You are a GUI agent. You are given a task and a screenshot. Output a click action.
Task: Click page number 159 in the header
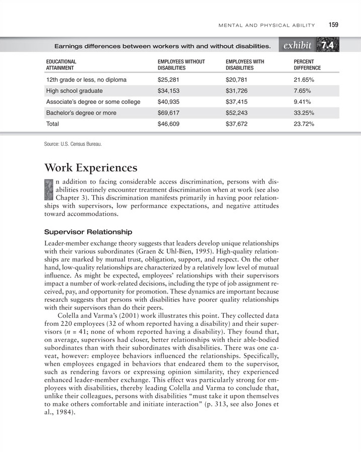[334, 24]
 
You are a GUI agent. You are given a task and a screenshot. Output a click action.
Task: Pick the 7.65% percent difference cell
[303, 91]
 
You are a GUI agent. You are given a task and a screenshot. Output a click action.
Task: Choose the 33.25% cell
[305, 113]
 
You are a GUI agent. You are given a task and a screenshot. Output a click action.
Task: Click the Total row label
[52, 124]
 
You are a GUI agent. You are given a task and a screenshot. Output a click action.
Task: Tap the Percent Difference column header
[307, 65]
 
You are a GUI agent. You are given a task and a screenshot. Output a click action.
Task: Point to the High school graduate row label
[74, 91]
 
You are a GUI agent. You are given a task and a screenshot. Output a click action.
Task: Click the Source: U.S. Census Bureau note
[73, 144]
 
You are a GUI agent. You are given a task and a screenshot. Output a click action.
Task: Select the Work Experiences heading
[91, 167]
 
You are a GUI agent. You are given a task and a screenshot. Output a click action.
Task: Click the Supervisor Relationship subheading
[88, 232]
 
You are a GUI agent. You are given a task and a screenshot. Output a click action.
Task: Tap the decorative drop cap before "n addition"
[48, 190]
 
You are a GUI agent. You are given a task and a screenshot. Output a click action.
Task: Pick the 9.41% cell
[303, 102]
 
